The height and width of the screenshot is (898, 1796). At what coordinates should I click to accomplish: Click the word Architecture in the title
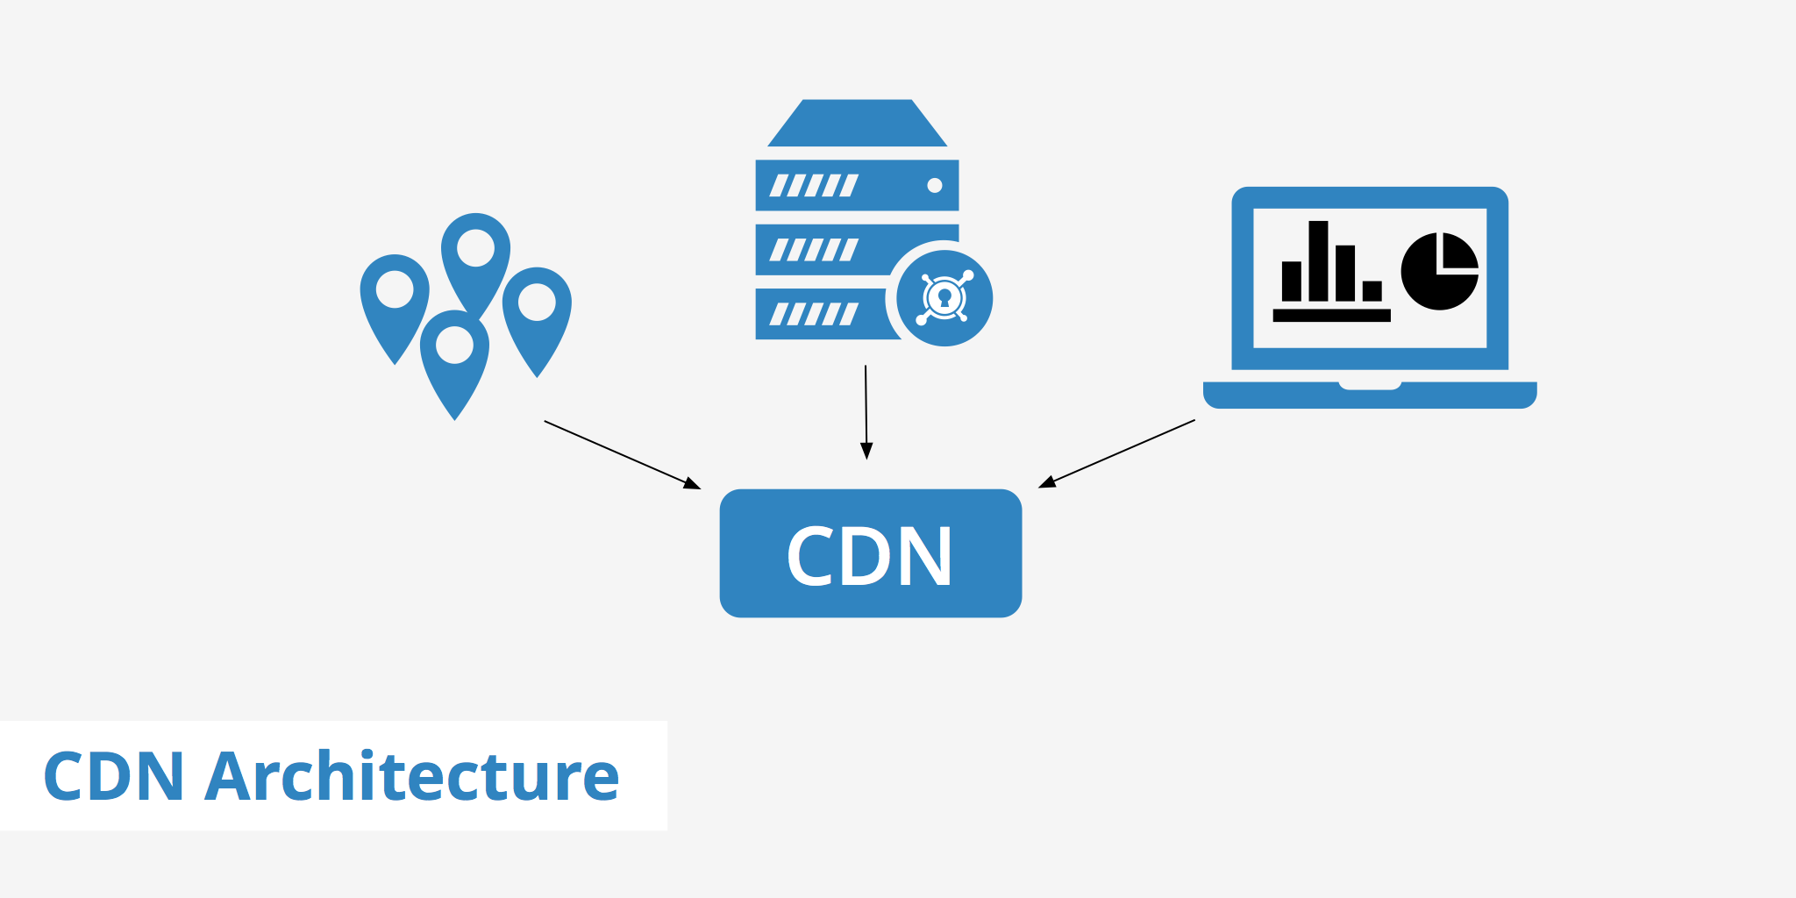pyautogui.click(x=412, y=777)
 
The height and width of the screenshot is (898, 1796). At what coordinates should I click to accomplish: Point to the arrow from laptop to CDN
pyautogui.click(x=1117, y=453)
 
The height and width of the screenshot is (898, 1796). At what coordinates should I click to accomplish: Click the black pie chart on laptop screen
pyautogui.click(x=1438, y=272)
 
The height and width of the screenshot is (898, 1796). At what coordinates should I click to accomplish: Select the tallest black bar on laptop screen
pyautogui.click(x=1318, y=260)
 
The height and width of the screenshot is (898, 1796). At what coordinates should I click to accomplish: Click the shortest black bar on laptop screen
pyautogui.click(x=1372, y=290)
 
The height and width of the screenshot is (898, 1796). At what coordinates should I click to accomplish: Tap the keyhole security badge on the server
pyautogui.click(x=944, y=298)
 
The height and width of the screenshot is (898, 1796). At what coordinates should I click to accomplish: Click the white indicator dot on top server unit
pyautogui.click(x=935, y=185)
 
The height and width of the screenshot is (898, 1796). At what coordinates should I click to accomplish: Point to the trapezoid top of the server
pyautogui.click(x=857, y=124)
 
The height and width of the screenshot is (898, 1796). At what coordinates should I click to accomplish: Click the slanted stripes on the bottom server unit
pyautogui.click(x=813, y=314)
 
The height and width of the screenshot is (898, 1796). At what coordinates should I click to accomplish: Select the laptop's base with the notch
pyautogui.click(x=1370, y=395)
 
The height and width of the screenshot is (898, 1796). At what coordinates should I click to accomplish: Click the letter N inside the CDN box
pyautogui.click(x=924, y=556)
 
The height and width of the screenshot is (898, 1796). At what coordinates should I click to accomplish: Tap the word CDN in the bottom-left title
pyautogui.click(x=114, y=777)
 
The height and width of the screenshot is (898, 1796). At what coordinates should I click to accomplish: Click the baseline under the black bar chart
pyautogui.click(x=1331, y=315)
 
